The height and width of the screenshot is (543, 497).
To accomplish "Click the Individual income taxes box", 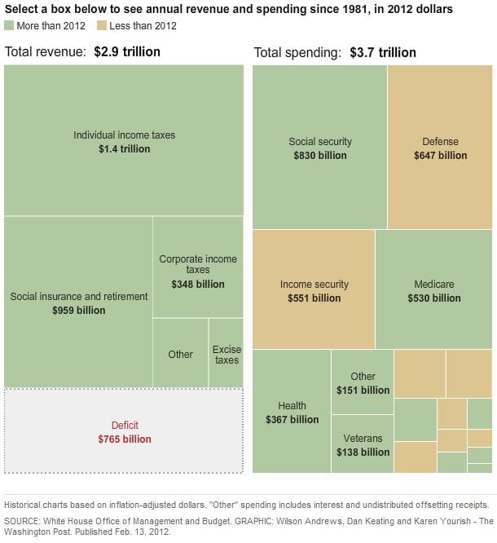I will pos(124,140).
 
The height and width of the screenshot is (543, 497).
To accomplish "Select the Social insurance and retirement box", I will pos(78,302).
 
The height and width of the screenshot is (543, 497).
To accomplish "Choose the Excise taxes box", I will pos(227,353).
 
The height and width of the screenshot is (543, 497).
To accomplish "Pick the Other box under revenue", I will pos(180,353).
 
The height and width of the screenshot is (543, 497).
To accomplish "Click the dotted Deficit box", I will pos(124,431).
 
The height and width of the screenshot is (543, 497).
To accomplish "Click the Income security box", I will pos(314,289).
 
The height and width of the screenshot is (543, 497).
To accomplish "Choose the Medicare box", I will pos(433,289).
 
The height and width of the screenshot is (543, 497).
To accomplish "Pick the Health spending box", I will pos(292,412).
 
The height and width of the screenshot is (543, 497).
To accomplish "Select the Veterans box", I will pos(363,444).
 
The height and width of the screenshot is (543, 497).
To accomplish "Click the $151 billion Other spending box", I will pos(363,382).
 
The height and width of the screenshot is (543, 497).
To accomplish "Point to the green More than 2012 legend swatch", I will pos(9,26).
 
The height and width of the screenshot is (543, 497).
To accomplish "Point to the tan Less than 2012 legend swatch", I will pos(103,26).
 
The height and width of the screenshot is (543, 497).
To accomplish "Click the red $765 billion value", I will pos(125,439).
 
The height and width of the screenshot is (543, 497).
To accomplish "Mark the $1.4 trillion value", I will pos(124,149).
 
